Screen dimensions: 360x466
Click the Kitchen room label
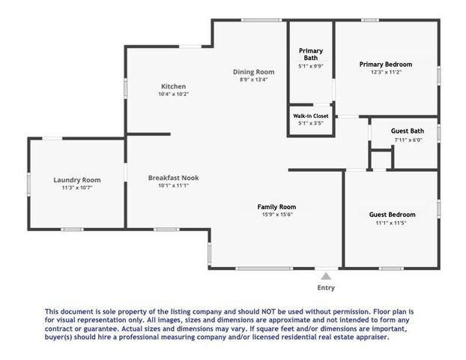[172, 86]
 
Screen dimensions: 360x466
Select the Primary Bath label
[311, 54]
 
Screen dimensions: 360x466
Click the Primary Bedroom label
[386, 64]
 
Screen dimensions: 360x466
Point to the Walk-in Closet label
[310, 116]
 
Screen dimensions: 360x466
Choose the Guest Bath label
[408, 131]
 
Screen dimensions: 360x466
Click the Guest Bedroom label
[392, 214]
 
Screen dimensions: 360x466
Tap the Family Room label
[276, 206]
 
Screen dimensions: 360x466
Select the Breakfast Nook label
[173, 178]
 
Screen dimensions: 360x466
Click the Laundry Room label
[77, 179]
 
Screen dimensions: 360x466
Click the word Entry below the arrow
[326, 288]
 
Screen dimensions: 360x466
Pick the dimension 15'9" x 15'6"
[276, 215]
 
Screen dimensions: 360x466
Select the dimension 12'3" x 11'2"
[386, 72]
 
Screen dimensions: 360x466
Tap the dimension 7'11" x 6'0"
[408, 140]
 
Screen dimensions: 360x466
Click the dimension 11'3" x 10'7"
[77, 188]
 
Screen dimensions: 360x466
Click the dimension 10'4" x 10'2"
[172, 94]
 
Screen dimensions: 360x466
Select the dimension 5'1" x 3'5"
[310, 124]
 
